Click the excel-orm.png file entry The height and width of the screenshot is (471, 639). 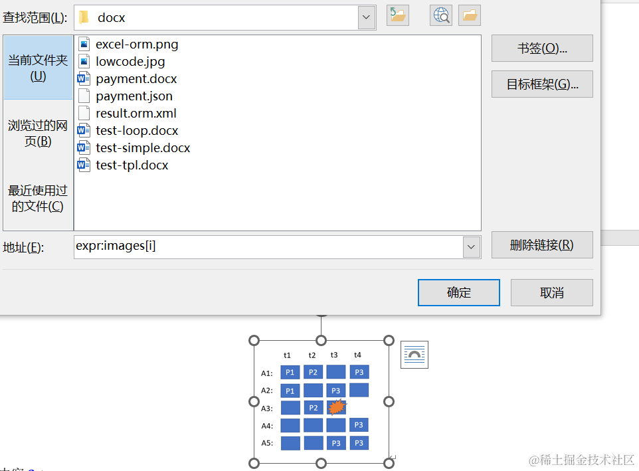pyautogui.click(x=137, y=45)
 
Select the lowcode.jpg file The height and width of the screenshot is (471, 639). pyautogui.click(x=130, y=62)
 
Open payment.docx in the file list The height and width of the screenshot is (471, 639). pyautogui.click(x=136, y=79)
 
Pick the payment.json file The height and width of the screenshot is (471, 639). pyautogui.click(x=134, y=96)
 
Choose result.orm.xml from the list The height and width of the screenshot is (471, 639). pyautogui.click(x=136, y=114)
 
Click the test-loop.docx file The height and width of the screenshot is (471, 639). pyautogui.click(x=137, y=131)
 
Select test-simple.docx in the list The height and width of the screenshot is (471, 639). pyautogui.click(x=143, y=148)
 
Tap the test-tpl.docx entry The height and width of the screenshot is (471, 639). pyautogui.click(x=132, y=165)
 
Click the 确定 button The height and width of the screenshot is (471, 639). pyautogui.click(x=458, y=293)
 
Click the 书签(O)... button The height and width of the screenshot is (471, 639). pyautogui.click(x=541, y=49)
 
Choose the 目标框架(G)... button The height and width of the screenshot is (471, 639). pyautogui.click(x=541, y=84)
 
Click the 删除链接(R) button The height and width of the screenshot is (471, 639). pyautogui.click(x=541, y=245)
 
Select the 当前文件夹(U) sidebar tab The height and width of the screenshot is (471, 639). pyautogui.click(x=38, y=68)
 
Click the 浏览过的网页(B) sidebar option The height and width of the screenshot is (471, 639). pyautogui.click(x=38, y=133)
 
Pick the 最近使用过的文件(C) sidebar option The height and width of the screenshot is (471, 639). pyautogui.click(x=38, y=198)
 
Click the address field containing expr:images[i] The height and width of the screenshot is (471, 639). pyautogui.click(x=268, y=246)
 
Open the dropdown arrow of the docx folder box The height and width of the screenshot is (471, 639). pyautogui.click(x=367, y=17)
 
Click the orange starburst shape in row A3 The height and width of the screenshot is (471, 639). pyautogui.click(x=337, y=407)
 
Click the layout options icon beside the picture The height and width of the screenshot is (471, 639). pyautogui.click(x=414, y=355)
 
